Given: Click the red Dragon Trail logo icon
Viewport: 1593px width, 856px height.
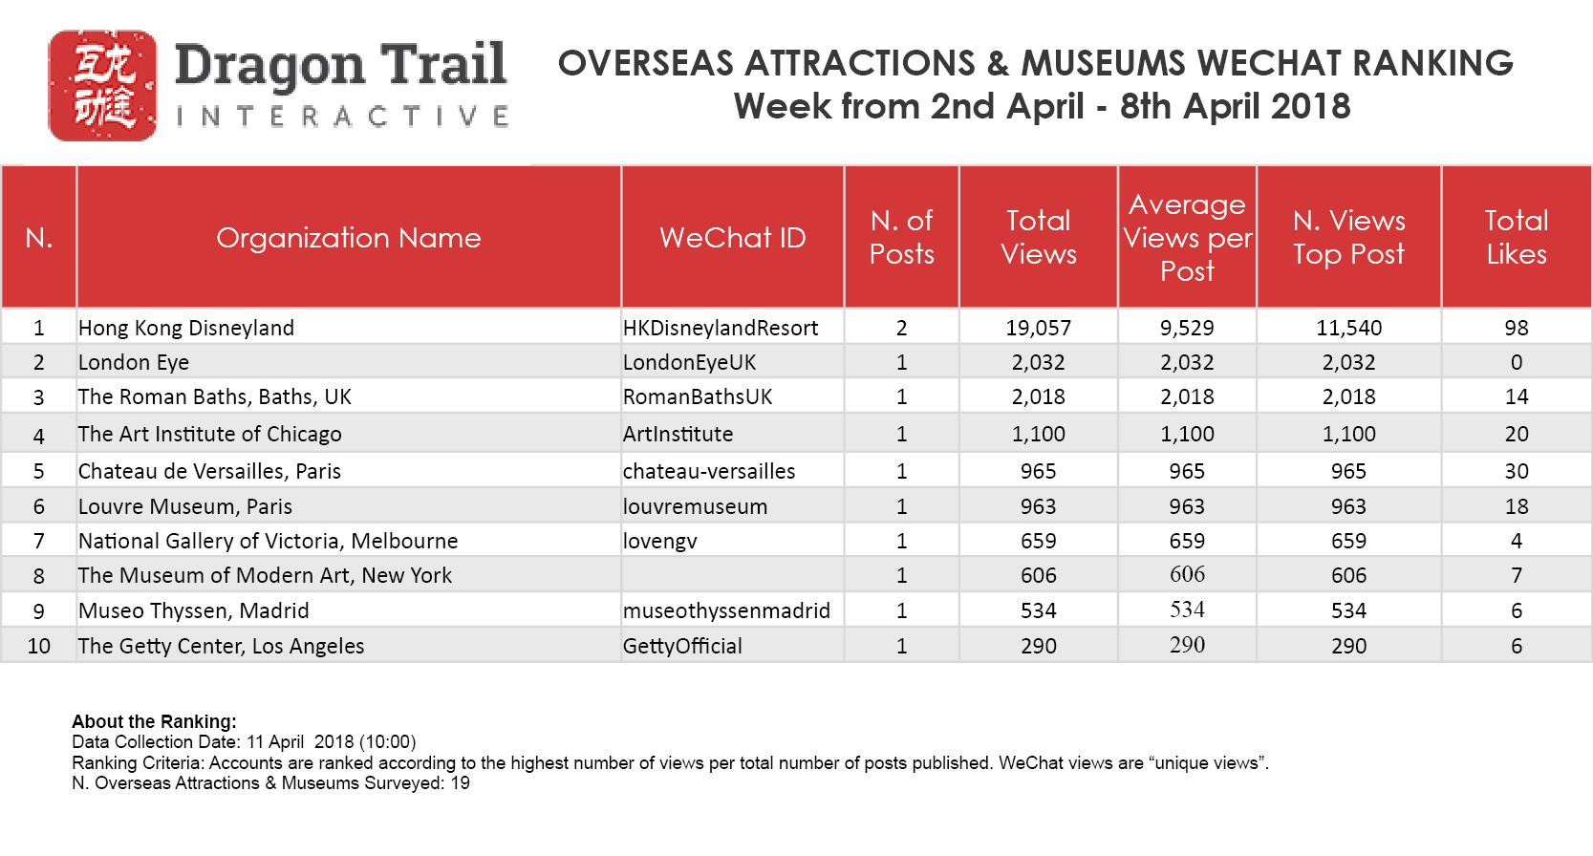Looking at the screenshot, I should click(x=102, y=86).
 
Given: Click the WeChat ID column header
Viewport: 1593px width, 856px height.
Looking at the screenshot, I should click(x=732, y=237).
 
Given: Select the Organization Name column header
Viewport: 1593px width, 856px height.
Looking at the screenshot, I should click(x=348, y=237).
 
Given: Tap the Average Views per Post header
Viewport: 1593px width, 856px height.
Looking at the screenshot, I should click(x=1187, y=237).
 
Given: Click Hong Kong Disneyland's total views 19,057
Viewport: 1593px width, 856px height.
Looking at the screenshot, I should click(x=1038, y=328).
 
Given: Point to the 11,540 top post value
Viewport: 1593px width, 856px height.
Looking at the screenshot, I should click(x=1348, y=328).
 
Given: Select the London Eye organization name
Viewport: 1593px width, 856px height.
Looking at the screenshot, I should click(x=134, y=362).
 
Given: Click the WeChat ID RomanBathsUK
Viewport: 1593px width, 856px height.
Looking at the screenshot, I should click(x=698, y=396).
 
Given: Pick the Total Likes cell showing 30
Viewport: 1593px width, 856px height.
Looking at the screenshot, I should click(x=1516, y=471).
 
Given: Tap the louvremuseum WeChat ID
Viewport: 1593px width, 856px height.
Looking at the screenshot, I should click(x=695, y=506).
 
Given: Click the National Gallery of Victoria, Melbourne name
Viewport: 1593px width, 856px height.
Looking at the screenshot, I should click(x=268, y=541).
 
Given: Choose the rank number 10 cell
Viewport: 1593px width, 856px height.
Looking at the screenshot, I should click(x=39, y=646).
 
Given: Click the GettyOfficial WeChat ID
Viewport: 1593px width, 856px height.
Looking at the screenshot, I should click(x=682, y=646).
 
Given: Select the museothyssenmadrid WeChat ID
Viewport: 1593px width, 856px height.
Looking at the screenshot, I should click(x=726, y=610).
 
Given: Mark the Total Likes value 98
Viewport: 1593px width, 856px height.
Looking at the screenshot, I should click(x=1516, y=328).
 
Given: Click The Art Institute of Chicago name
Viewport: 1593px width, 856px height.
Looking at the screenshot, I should click(x=209, y=434).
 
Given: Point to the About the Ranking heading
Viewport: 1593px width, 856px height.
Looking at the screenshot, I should click(x=154, y=721).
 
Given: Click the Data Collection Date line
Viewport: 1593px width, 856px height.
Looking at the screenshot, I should click(x=244, y=741).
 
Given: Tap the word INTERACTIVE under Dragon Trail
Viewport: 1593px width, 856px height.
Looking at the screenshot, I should click(x=342, y=117).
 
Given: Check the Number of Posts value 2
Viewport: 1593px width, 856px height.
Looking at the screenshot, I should click(x=901, y=328).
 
